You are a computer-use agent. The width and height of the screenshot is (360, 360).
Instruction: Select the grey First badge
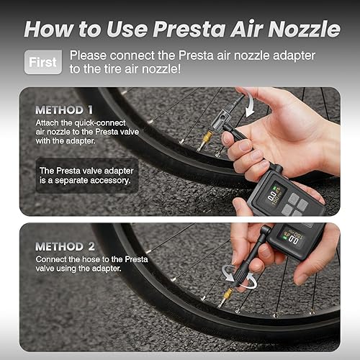[x=42, y=62]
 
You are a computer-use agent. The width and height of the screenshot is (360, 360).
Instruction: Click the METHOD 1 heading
[x=65, y=111]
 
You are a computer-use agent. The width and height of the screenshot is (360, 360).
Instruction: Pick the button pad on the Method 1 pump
[x=296, y=209]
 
